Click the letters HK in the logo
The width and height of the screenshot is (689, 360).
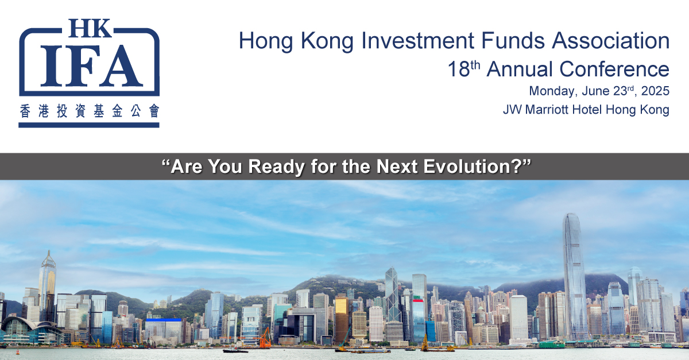pos(90,28)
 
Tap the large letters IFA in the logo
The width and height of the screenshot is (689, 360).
pos(92,66)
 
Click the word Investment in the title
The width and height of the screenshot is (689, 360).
pos(417,40)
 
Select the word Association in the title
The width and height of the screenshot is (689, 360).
pos(610,40)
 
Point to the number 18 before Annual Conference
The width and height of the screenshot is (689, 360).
pos(459,69)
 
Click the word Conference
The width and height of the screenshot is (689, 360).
pos(614,69)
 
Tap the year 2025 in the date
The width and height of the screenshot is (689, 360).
pos(655,91)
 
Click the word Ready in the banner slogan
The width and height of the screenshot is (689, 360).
pos(276,167)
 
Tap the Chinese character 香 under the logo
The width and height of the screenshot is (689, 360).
pos(25,111)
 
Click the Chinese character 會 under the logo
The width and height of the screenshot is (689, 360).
pos(154,111)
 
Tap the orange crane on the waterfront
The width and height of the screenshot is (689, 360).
pos(265,338)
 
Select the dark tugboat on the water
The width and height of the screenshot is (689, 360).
pos(235,350)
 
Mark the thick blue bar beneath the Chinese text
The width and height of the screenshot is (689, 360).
pos(89,125)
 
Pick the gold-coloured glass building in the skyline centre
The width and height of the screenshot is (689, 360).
pos(342,319)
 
